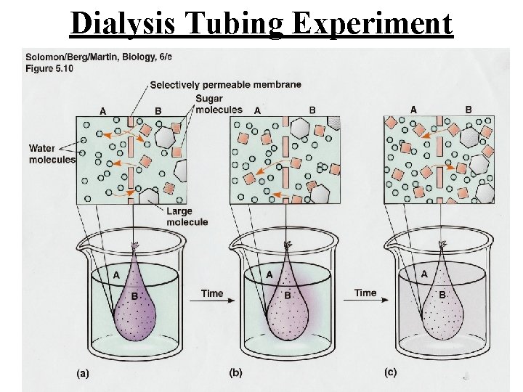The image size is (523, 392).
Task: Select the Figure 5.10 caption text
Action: [x=45, y=67]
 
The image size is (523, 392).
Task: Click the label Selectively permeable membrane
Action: [x=225, y=84]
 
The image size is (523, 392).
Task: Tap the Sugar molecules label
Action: [x=219, y=105]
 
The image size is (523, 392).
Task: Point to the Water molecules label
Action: [x=52, y=154]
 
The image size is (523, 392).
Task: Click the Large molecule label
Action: [x=187, y=216]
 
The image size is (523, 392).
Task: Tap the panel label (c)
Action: [x=390, y=372]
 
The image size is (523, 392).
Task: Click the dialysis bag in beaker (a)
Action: [x=135, y=305]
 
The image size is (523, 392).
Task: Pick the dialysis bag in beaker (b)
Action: [x=288, y=305]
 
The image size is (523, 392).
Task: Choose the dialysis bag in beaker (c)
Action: [x=442, y=305]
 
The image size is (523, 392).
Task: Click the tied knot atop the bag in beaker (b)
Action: [x=288, y=245]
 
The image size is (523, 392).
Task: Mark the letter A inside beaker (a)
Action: [x=116, y=275]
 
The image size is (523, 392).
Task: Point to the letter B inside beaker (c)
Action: [x=442, y=295]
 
